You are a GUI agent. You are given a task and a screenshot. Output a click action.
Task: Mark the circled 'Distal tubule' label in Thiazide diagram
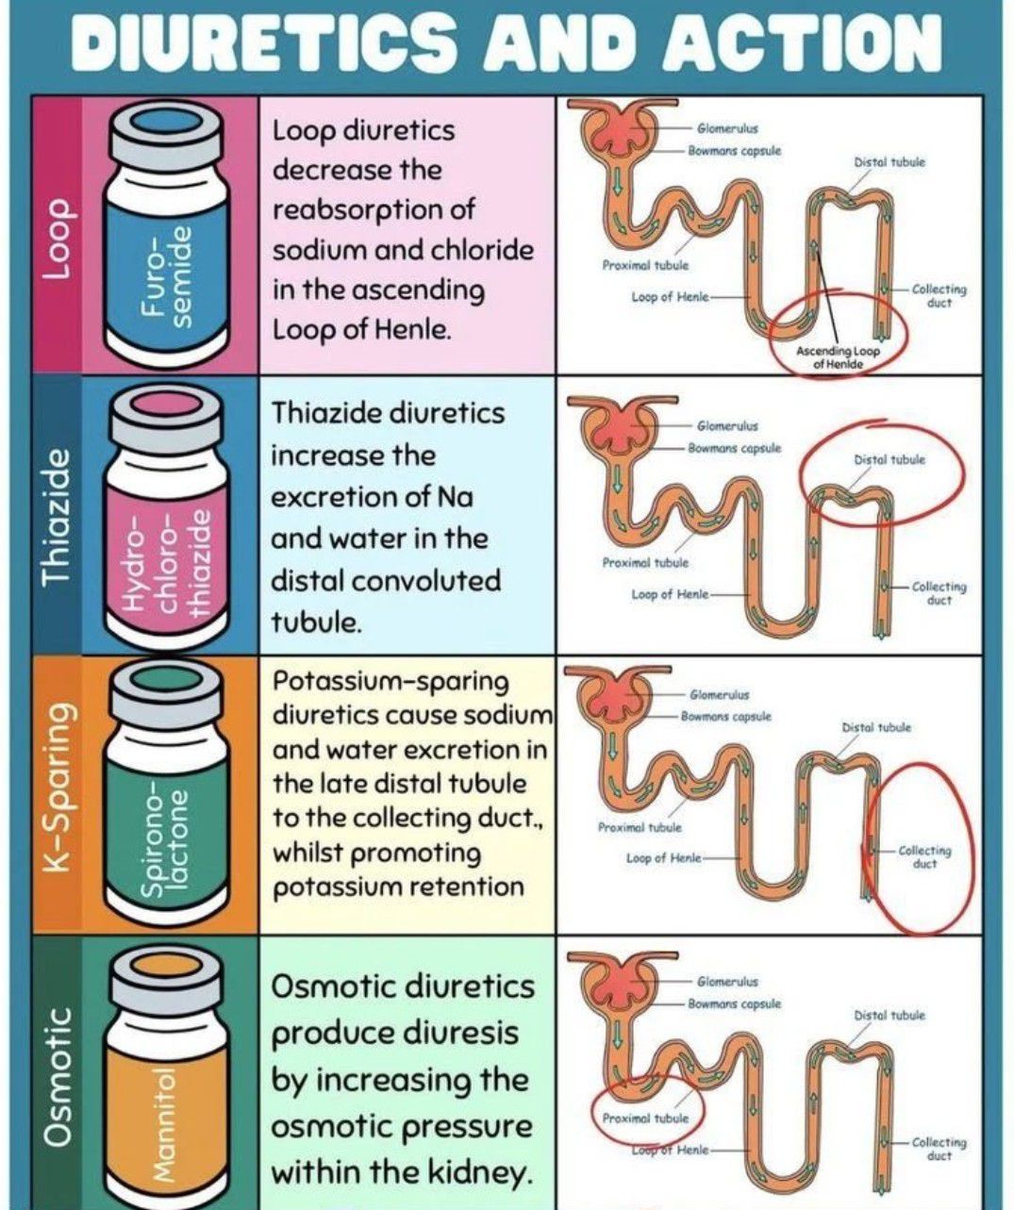(889, 460)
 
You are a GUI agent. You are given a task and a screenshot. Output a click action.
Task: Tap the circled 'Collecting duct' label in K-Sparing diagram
(924, 856)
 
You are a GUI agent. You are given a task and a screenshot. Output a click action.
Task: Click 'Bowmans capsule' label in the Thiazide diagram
(734, 448)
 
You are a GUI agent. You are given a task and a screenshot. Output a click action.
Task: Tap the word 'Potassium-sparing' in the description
(391, 681)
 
